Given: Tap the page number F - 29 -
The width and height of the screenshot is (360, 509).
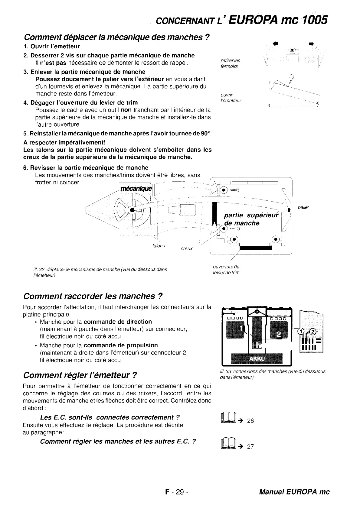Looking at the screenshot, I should click(x=177, y=492).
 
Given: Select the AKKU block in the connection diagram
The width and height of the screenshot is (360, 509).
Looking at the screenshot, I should click(x=257, y=359).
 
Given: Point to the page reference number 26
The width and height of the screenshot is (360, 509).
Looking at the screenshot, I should click(x=250, y=421).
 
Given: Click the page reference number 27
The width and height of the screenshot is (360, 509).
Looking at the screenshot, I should click(x=250, y=447).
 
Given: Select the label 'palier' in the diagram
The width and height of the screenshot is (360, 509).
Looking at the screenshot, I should click(x=303, y=208).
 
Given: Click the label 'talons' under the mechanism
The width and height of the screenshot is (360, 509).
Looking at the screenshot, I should click(x=159, y=246).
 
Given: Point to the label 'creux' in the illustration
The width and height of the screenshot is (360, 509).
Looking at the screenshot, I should click(x=186, y=248).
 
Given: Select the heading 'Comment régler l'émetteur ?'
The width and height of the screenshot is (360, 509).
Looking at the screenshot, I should click(x=80, y=375).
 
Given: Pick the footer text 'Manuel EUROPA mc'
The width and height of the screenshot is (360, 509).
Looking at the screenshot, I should click(x=294, y=492).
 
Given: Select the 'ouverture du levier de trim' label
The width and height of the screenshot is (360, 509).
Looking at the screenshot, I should click(x=226, y=270).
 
